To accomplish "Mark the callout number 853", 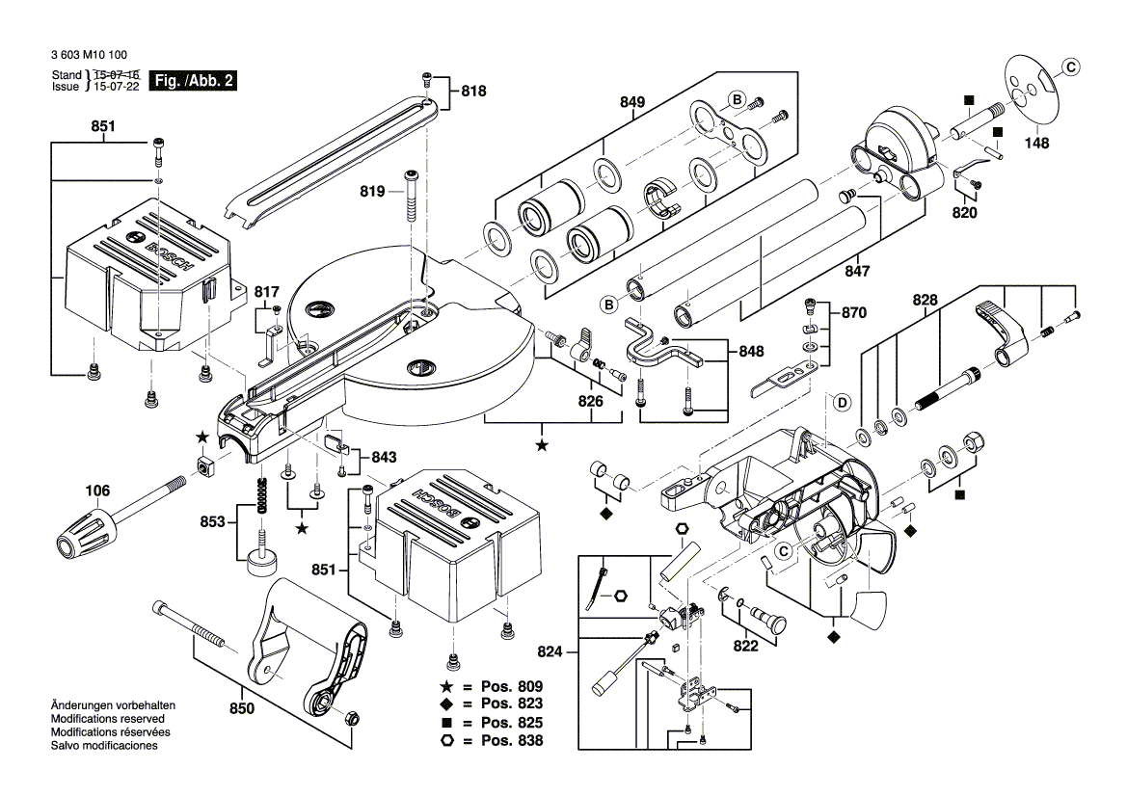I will coord(212,522).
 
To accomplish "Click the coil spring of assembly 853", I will coord(260,496).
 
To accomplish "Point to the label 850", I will coord(241,709).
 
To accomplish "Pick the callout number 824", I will coord(549,652).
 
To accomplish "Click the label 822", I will coord(746,646).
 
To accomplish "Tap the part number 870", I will coord(854,313).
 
